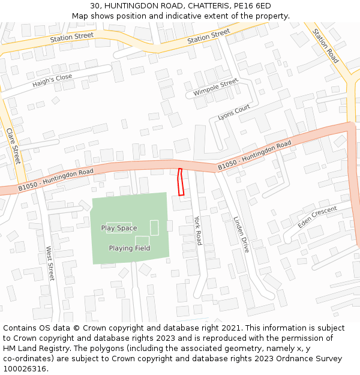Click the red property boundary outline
click(x=181, y=182)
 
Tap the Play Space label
click(x=119, y=228)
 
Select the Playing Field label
click(x=130, y=248)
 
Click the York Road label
click(x=198, y=230)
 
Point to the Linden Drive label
click(x=241, y=234)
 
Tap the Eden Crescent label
click(x=317, y=217)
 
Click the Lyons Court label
click(x=234, y=112)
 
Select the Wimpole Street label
click(x=215, y=88)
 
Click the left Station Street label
click(x=72, y=37)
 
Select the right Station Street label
click(x=209, y=36)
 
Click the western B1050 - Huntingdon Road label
click(x=56, y=179)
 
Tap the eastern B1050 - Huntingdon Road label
click(x=254, y=155)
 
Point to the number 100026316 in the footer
click(x=25, y=368)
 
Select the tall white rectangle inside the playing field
click(x=154, y=227)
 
